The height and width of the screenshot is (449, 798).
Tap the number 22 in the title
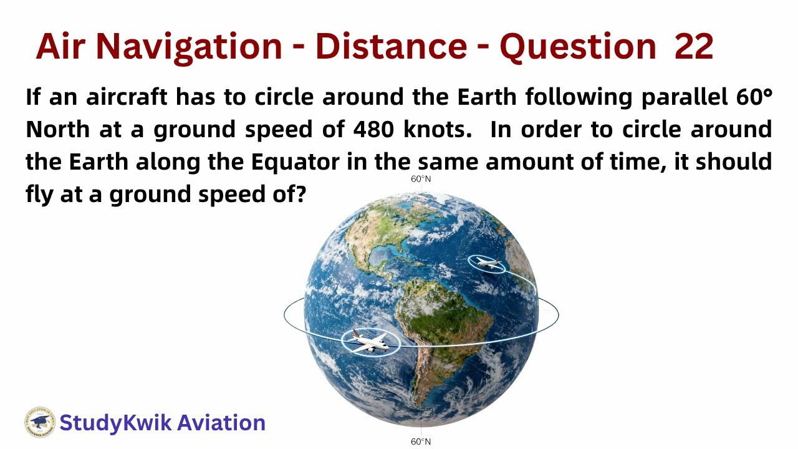click(x=693, y=46)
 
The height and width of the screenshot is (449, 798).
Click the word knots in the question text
click(x=438, y=129)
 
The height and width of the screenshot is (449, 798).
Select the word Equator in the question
click(x=295, y=162)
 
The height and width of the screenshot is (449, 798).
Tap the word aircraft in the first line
click(x=127, y=97)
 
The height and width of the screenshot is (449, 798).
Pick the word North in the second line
click(x=58, y=129)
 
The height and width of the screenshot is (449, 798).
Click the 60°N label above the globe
click(x=421, y=180)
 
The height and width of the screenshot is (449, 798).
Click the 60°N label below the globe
click(x=421, y=442)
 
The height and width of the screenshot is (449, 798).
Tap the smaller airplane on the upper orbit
click(x=488, y=264)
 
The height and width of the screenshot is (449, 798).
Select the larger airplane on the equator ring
click(x=371, y=342)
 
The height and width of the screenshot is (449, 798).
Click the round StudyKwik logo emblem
click(x=40, y=423)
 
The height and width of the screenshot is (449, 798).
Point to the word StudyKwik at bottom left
click(x=115, y=423)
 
